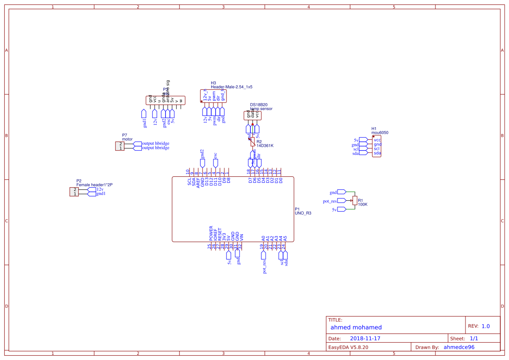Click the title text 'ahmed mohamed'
click(356, 327)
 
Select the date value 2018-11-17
click(365, 338)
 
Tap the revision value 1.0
click(485, 326)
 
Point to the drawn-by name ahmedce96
click(459, 347)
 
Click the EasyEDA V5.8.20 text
click(348, 347)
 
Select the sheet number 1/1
click(474, 338)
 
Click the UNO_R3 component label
click(303, 213)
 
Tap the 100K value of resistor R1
click(363, 204)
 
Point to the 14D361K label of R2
click(265, 146)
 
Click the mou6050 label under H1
click(380, 133)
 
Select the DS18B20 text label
click(259, 105)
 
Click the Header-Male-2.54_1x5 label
click(232, 87)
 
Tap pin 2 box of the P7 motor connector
click(119, 144)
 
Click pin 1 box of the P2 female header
click(74, 194)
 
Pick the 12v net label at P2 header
click(100, 189)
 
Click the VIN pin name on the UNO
click(242, 238)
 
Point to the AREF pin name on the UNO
click(198, 182)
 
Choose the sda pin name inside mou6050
click(377, 153)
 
